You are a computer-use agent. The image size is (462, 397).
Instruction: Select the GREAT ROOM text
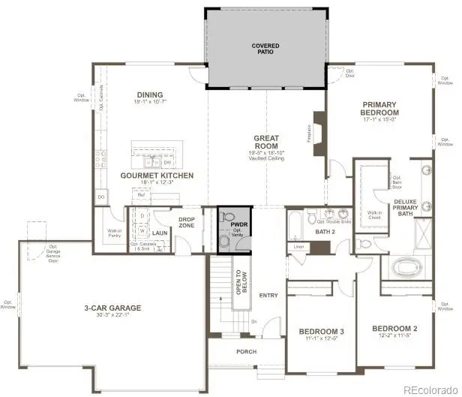pos(265,138)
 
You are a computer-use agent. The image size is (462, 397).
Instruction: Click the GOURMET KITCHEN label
pos(157,175)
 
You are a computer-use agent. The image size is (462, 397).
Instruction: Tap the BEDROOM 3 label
pos(321,331)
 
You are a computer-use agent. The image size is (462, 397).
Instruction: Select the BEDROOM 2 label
pos(394,328)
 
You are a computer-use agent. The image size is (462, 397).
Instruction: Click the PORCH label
pos(246,351)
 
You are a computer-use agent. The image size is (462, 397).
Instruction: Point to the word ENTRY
pos(268,296)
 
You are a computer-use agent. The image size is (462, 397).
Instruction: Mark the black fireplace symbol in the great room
pos(319,128)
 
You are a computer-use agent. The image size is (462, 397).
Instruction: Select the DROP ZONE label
pos(187,222)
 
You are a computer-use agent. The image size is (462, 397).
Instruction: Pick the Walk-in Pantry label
pos(115,233)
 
